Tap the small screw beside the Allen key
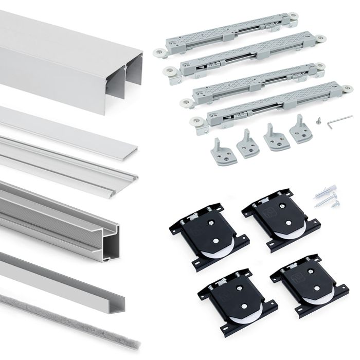pos(319,121)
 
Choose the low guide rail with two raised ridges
pos(67,157)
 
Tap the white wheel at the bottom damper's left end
pos(195,122)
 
